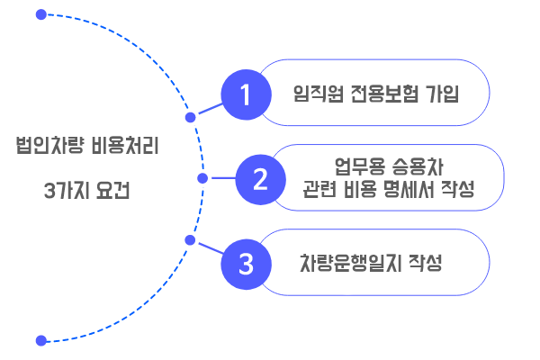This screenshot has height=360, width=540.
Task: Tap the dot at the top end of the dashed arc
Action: pos(40,15)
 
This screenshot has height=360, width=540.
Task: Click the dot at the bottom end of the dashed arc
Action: pos(40,340)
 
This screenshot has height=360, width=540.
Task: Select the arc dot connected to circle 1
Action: pos(190,117)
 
